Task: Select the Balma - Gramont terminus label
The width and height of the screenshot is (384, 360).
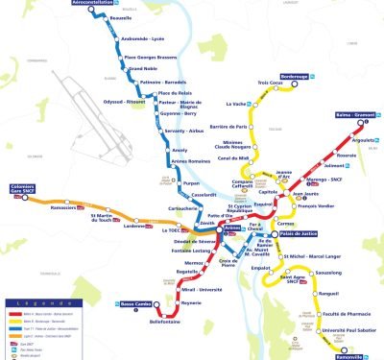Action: [357, 115]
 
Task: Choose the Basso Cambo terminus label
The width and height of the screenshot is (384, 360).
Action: [140, 306]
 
